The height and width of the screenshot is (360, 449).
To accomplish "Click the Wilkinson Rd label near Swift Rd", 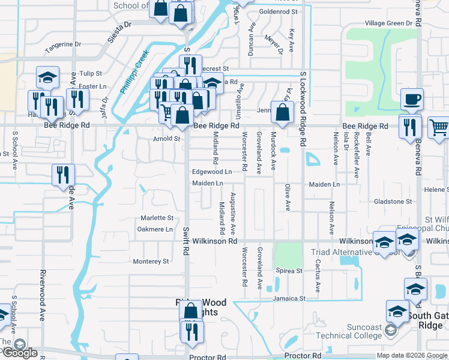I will (x=215, y=241).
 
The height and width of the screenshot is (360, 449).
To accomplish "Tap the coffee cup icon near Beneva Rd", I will (x=412, y=100).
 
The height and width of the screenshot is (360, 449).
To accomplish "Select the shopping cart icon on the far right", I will (x=439, y=128).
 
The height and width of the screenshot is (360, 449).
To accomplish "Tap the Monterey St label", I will (x=151, y=261).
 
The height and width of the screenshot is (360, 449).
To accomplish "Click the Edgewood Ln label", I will (x=212, y=172).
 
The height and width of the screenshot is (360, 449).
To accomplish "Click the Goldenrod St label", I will (x=279, y=11).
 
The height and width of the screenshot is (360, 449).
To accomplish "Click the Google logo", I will (x=19, y=352).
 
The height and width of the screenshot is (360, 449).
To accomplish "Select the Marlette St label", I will (x=157, y=218).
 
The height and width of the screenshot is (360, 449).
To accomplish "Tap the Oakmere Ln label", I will (x=155, y=229).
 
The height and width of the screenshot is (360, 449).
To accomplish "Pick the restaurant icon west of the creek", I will (x=63, y=175).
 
